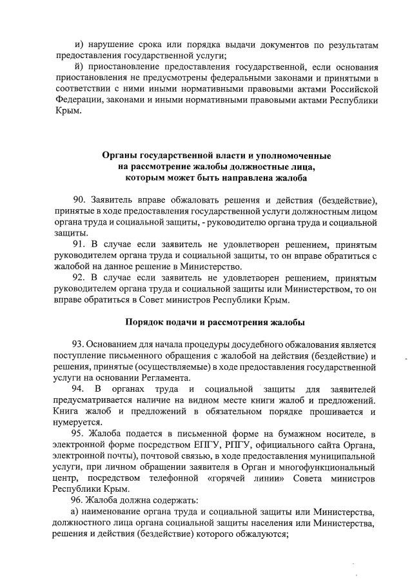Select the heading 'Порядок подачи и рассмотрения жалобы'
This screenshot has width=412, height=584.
[x=214, y=322]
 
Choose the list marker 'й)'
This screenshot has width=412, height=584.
[x=78, y=68]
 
